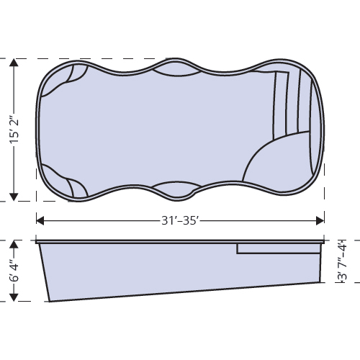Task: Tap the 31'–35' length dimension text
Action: tap(180, 220)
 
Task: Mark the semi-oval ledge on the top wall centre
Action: tap(176, 70)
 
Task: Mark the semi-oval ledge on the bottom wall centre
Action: tap(176, 189)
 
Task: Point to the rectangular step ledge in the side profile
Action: tap(278, 248)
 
